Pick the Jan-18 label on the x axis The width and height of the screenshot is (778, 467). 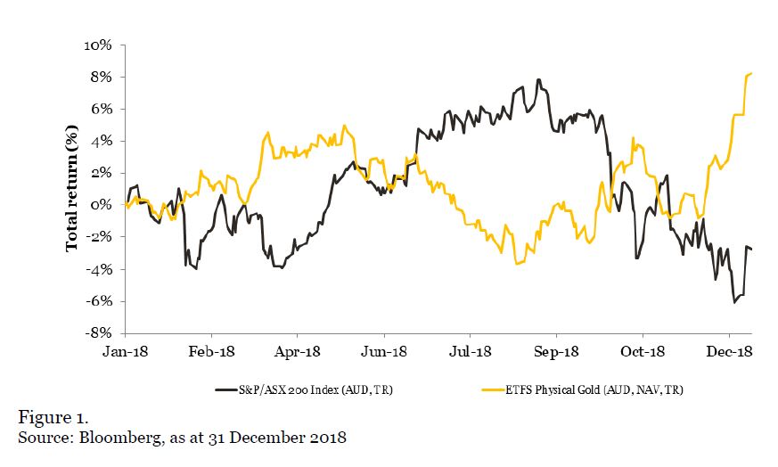[x=124, y=351]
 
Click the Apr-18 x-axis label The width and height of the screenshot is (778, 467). [x=297, y=351]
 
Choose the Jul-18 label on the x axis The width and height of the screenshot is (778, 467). [x=470, y=351]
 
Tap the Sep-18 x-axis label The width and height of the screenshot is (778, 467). [x=556, y=351]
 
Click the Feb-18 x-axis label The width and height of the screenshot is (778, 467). [x=210, y=351]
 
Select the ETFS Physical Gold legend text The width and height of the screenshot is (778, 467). [x=588, y=389]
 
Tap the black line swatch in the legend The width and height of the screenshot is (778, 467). [x=227, y=389]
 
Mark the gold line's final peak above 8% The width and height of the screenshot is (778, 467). [x=751, y=73]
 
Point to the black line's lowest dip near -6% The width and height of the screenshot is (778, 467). [x=735, y=302]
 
